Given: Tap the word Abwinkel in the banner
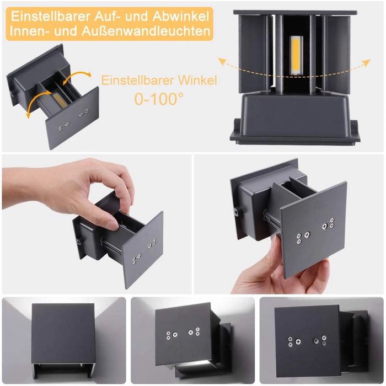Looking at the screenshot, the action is [x=181, y=16].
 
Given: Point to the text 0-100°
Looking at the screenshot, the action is [x=159, y=99].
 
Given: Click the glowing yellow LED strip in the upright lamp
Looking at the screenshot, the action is [x=295, y=55].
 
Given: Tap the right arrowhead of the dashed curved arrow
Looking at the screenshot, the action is [x=367, y=62].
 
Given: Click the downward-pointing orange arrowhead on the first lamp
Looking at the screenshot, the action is [x=29, y=114].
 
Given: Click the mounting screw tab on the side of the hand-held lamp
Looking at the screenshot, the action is [x=237, y=212].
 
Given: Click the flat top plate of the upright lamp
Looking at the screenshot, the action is [x=295, y=12].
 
